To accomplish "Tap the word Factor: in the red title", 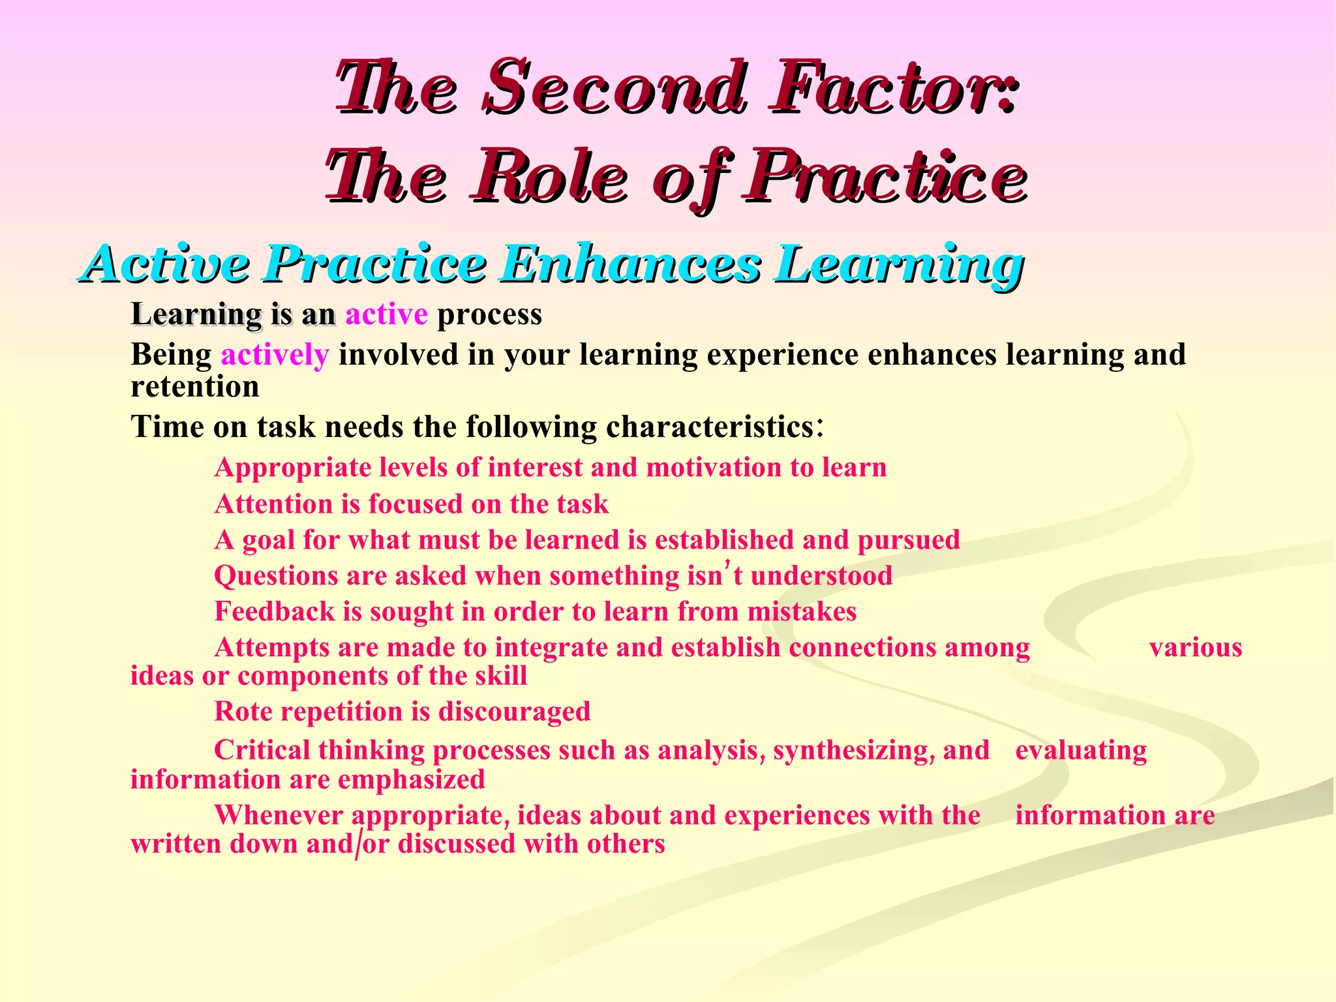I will pos(894,88).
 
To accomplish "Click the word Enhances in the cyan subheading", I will pos(631,264).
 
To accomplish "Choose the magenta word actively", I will pos(275,356).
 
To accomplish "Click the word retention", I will pos(195,387).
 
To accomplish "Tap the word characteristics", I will pos(710,427).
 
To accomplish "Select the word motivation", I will pos(712,468).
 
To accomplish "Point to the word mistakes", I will pos(802,612).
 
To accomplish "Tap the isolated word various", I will pos(1195,648).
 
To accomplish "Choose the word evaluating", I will pos(1080,751).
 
